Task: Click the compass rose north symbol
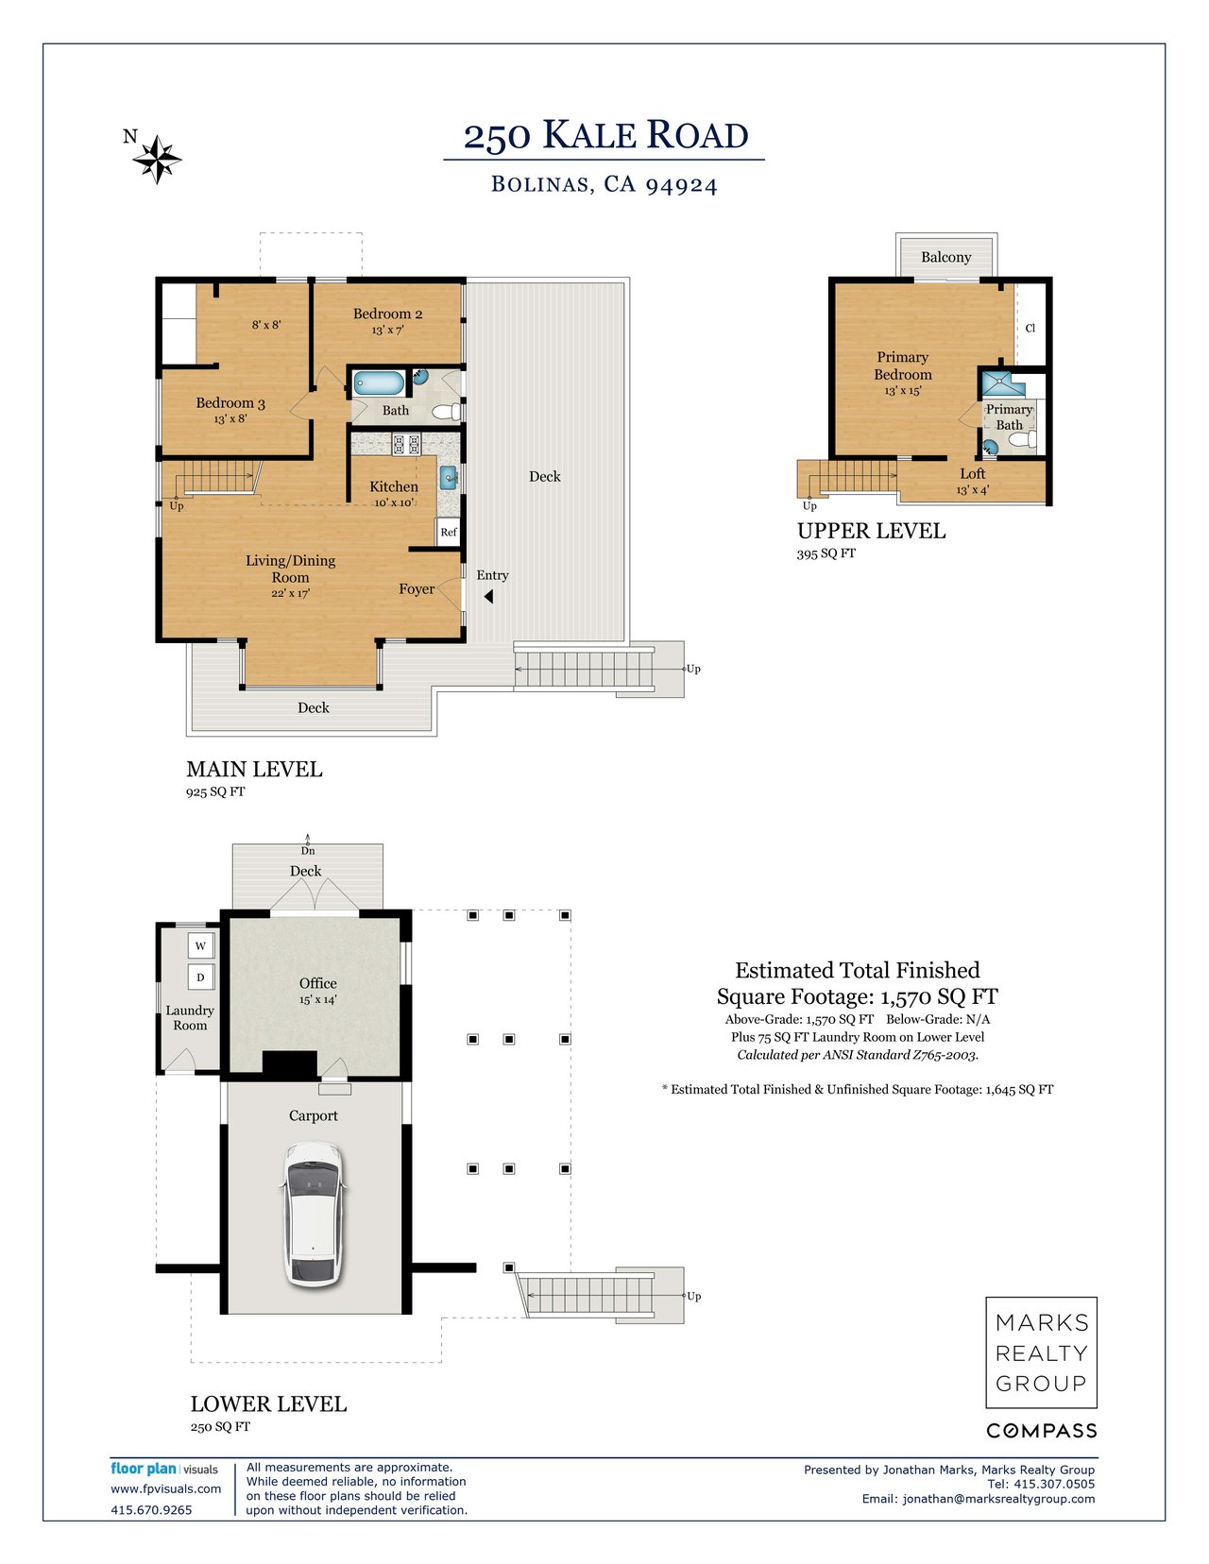click(x=156, y=160)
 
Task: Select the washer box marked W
click(x=200, y=945)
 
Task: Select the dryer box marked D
click(x=200, y=977)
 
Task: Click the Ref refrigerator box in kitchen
click(x=449, y=532)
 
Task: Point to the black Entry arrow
click(x=488, y=596)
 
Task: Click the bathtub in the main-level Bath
click(x=379, y=383)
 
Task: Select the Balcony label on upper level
click(x=945, y=257)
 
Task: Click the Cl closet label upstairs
click(x=1030, y=329)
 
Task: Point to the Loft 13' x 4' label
click(x=972, y=481)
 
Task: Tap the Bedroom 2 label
click(x=387, y=314)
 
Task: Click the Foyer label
click(x=417, y=588)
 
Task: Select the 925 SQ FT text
click(x=215, y=791)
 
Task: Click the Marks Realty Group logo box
click(x=1041, y=1352)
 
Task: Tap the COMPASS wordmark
click(x=1041, y=1431)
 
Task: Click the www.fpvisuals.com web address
click(x=166, y=1488)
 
